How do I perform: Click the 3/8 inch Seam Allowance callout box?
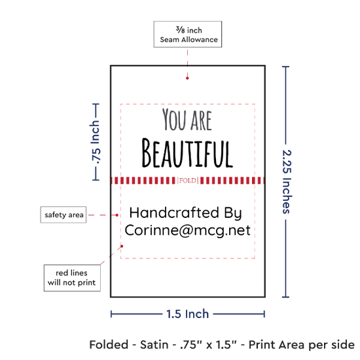tap(188, 34)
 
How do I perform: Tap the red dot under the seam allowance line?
tap(187, 78)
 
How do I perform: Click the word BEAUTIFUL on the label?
tap(187, 153)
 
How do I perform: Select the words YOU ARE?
tap(187, 119)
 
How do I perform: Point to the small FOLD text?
tap(188, 181)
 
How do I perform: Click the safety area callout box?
tap(63, 215)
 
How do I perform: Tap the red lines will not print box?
tap(72, 278)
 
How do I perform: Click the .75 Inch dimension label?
tap(96, 142)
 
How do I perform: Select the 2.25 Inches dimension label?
tap(287, 181)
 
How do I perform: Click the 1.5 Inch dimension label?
tap(187, 314)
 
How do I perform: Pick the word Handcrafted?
tap(174, 212)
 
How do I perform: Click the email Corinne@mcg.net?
tap(187, 230)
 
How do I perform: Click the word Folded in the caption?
tap(109, 344)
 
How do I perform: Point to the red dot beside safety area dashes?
tap(117, 215)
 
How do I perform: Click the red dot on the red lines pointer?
tap(122, 246)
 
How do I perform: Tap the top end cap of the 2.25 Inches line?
tap(285, 67)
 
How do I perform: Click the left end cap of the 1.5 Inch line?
tap(111, 314)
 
